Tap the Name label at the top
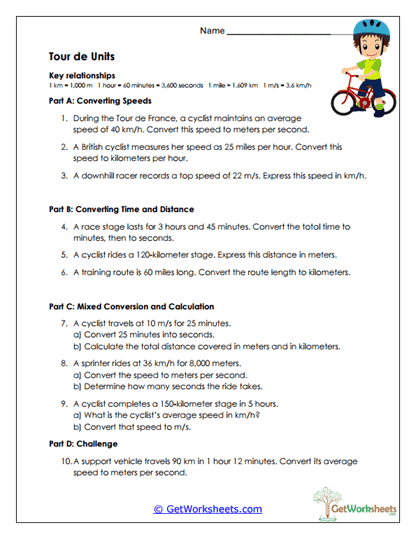click(212, 31)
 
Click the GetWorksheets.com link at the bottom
click(207, 509)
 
